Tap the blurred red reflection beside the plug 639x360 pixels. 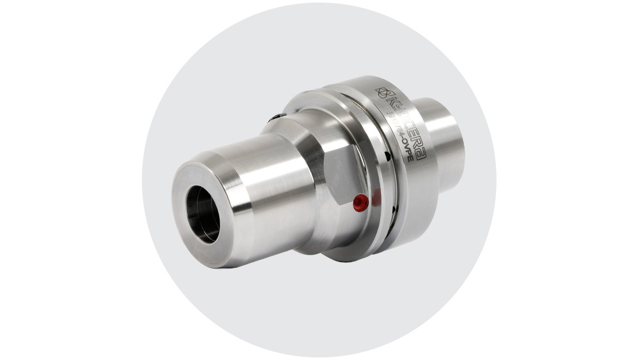point(376,199)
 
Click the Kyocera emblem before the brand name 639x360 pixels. point(383,94)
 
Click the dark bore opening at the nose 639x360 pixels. point(203,214)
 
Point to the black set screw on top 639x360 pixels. point(274,116)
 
